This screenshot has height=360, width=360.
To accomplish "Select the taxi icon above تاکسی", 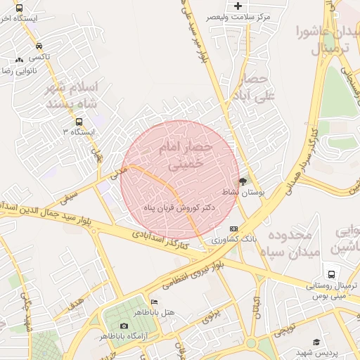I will [x=37, y=46].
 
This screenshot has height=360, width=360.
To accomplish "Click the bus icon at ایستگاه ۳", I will [x=79, y=121].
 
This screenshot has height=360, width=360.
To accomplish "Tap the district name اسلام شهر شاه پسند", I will [x=72, y=95].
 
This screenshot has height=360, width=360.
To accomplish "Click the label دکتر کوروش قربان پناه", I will [x=179, y=208].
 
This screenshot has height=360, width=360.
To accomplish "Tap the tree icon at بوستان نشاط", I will [x=243, y=181].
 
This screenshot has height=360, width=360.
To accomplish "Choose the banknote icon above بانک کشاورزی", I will [x=233, y=229].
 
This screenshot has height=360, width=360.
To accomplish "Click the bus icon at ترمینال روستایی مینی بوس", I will [x=330, y=274].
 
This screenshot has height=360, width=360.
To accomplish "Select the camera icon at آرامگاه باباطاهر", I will [x=124, y=326].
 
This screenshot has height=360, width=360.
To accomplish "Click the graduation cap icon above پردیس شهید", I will [x=316, y=341].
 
